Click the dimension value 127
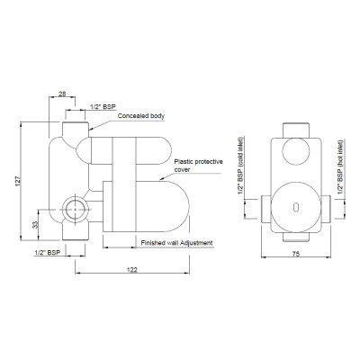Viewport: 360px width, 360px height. [x=18, y=181]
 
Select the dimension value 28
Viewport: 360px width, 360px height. [x=62, y=94]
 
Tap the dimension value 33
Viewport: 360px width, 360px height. [x=36, y=225]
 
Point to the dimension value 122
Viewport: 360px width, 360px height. [x=132, y=270]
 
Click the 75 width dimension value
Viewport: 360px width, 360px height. [x=296, y=254]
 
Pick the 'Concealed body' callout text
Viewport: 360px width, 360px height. [x=141, y=116]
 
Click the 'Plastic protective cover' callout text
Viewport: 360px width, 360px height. [x=199, y=166]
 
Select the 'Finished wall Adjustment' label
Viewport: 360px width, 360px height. [x=177, y=243]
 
